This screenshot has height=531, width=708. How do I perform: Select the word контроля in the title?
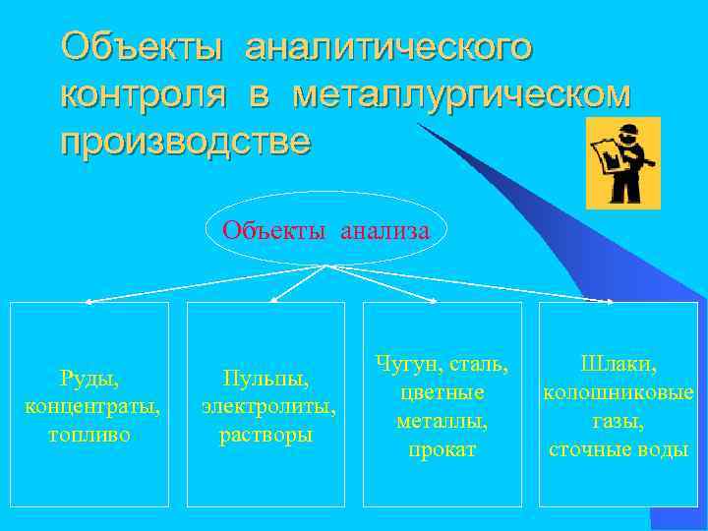click(144, 94)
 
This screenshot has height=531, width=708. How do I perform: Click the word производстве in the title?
click(185, 142)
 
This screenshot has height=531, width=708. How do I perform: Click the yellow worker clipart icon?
click(622, 163)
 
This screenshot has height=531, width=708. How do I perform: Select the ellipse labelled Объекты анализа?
click(325, 232)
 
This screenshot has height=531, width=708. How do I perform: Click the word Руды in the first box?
click(88, 377)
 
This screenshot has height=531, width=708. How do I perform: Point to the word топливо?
click(88, 434)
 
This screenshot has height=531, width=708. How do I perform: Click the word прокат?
click(442, 449)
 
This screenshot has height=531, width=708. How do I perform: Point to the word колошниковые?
click(619, 392)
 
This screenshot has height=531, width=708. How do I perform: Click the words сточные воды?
click(619, 449)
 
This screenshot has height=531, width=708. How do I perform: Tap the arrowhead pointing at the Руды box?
click(88, 301)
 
